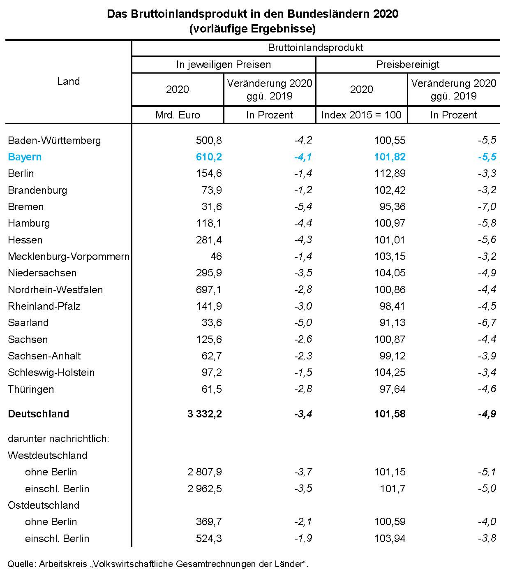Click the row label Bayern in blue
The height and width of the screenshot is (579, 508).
[x=25, y=157]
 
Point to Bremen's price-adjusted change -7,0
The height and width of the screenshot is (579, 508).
[x=487, y=206]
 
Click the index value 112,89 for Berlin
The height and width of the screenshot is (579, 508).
[x=390, y=174]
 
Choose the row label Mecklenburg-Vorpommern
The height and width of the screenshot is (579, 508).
[x=69, y=257]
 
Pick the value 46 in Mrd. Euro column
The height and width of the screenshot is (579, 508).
[x=216, y=257]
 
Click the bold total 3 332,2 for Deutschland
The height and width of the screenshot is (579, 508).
[x=205, y=414]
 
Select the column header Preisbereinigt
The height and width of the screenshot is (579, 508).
[x=408, y=65]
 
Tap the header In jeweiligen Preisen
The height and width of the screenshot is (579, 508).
[x=224, y=65]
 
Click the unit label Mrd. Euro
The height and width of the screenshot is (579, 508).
[x=178, y=115]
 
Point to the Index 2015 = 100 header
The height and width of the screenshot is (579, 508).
[x=361, y=115]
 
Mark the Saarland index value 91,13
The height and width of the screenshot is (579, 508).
[x=393, y=323]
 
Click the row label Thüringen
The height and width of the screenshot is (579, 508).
[x=31, y=389]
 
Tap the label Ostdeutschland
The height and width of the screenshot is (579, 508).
[x=44, y=505]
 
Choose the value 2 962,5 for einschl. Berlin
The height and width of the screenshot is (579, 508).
[x=205, y=489]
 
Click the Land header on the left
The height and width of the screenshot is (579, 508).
[x=68, y=81]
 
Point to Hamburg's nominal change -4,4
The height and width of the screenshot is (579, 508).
[x=303, y=223]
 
